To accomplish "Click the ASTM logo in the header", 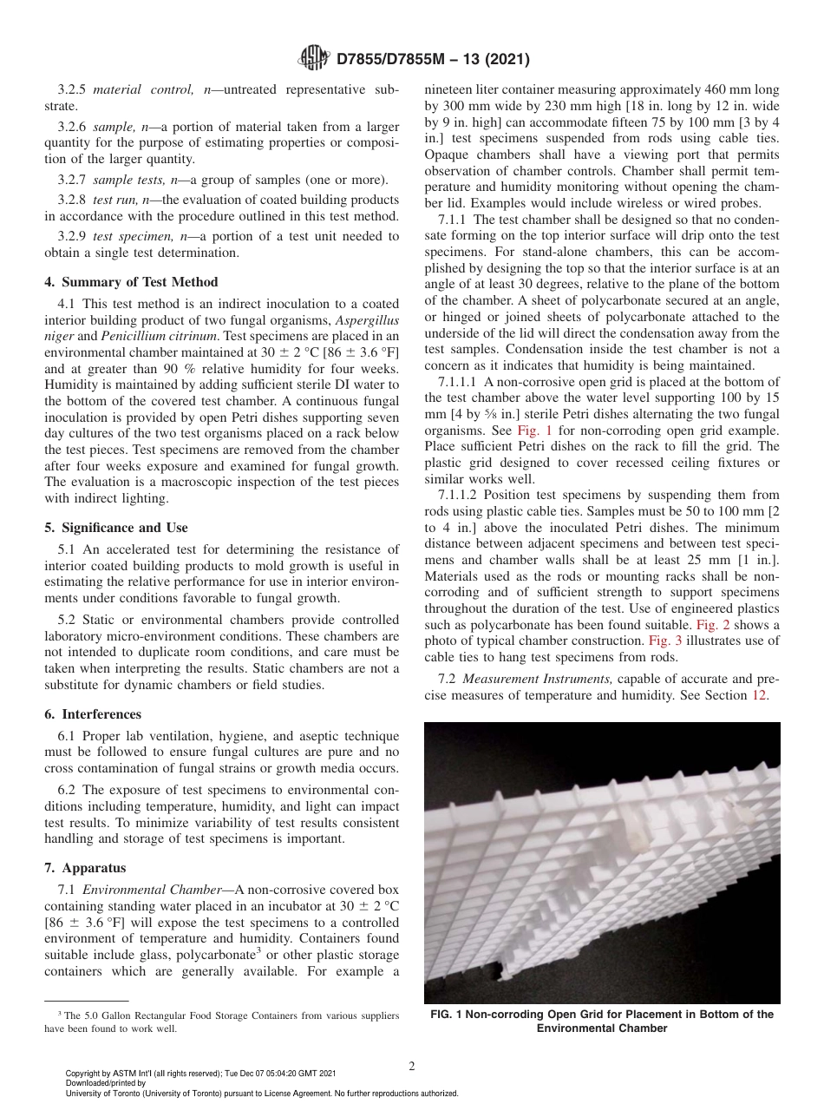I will click(314, 59).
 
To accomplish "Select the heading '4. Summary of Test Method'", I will click(131, 282).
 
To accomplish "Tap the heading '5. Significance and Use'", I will click(116, 528).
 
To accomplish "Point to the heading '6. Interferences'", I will click(93, 714).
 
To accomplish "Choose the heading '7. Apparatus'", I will click(85, 868).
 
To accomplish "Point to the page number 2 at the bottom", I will click(412, 1067).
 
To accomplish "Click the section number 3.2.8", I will click(73, 199).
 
